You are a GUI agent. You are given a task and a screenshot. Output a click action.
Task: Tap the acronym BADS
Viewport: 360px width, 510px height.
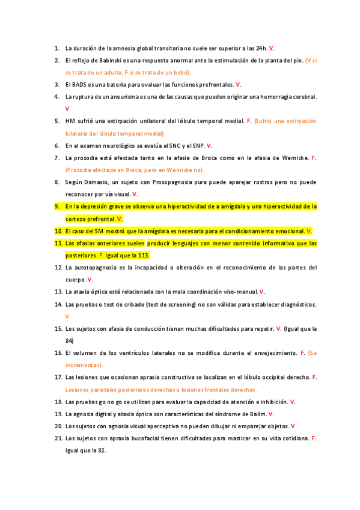pyautogui.click(x=81, y=84)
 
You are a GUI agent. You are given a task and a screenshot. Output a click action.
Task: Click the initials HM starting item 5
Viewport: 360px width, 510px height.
pyautogui.click(x=70, y=121)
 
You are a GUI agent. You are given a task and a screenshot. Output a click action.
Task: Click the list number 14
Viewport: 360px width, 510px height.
pyautogui.click(x=58, y=304)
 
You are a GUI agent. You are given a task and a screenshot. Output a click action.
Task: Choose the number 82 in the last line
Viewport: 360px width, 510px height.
pyautogui.click(x=101, y=450)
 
